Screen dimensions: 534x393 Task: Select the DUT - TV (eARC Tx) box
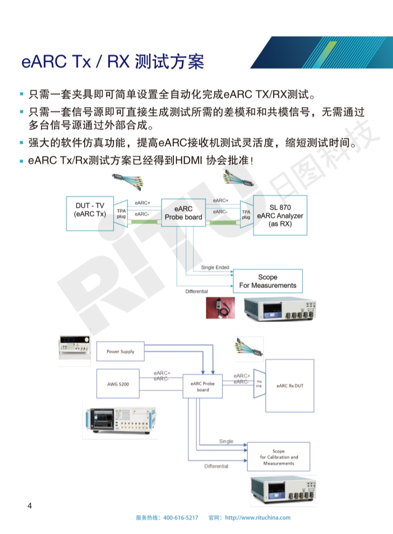90,213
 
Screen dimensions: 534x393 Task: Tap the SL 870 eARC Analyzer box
280,215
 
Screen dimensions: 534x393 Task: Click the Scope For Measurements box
267,281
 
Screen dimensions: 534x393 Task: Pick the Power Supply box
120,352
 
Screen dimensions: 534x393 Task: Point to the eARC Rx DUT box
290,385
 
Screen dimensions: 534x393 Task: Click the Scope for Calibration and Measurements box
279,457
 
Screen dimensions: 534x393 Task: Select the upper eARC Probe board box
183,213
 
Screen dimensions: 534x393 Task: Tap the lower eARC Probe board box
203,386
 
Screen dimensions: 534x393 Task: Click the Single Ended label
215,268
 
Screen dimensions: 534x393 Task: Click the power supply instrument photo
75,348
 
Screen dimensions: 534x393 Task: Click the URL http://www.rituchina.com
258,518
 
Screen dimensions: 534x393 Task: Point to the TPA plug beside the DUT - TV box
121,214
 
